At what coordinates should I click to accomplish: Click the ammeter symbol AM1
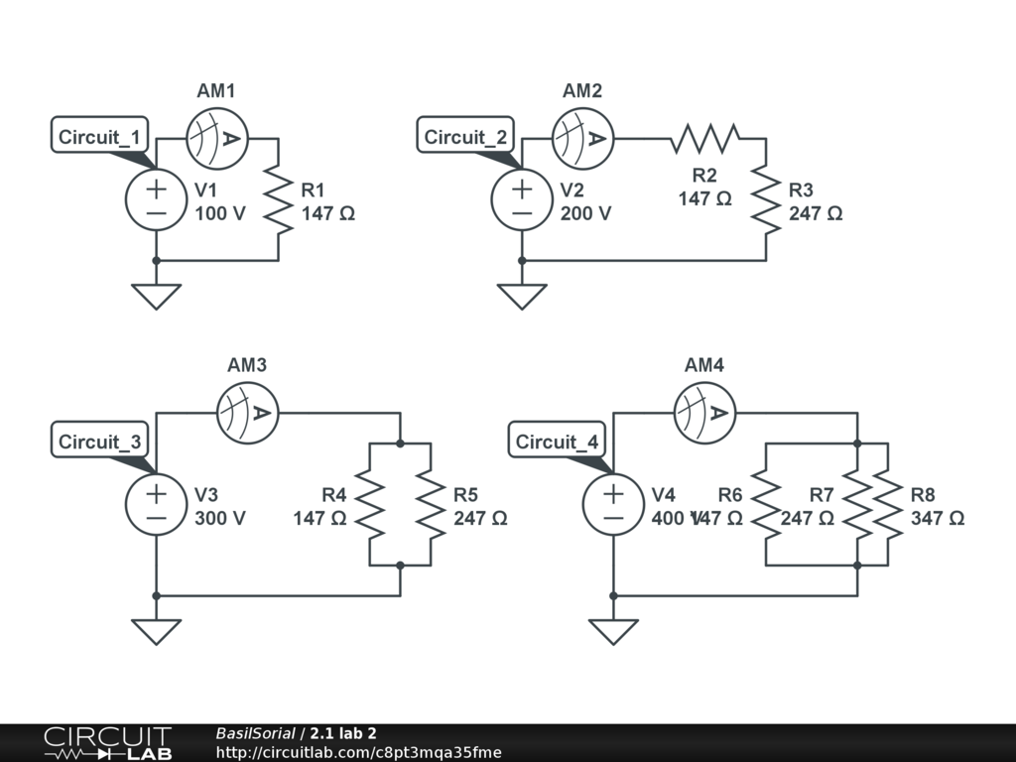coord(217,138)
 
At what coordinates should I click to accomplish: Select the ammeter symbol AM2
coord(583,138)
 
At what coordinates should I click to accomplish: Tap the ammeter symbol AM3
coord(248,412)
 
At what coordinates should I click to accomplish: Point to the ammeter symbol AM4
coord(704,412)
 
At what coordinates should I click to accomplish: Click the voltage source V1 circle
coord(156,199)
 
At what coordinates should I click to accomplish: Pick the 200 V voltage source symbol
coord(522,199)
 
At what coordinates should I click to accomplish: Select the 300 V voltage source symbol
coord(156,504)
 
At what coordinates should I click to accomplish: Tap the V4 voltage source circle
coord(613,504)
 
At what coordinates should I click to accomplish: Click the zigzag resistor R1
coord(278,199)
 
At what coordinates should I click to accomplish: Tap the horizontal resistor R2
coord(705,138)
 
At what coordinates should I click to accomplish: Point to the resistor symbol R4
coord(369,504)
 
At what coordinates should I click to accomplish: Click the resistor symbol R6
coord(766,504)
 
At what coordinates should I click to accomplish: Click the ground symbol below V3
coord(156,631)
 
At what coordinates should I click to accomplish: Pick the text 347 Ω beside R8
coord(937,518)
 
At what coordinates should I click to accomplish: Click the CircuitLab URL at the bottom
coord(358,752)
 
